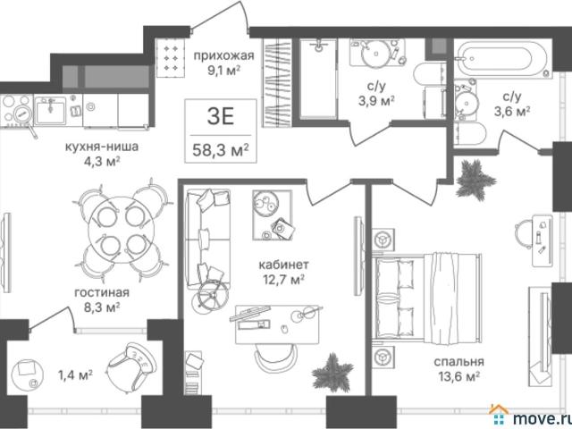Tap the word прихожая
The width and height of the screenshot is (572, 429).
click(223, 55)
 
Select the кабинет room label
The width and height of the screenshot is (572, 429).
click(284, 264)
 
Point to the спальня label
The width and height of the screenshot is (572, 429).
click(458, 361)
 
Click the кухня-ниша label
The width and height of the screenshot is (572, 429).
click(102, 147)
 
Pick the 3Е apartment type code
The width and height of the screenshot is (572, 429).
click(221, 116)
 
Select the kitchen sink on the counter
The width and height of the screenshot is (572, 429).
click(51, 110)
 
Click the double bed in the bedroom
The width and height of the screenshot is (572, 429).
click(427, 298)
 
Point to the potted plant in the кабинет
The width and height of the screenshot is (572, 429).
click(332, 373)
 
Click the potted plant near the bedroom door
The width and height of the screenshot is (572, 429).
click(475, 180)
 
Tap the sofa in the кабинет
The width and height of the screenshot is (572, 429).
click(207, 239)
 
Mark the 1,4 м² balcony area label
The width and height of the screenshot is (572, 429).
click(75, 374)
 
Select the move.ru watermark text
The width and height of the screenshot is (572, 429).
click(542, 417)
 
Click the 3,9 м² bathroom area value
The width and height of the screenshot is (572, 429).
click(377, 101)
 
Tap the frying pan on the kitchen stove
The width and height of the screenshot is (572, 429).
click(24, 116)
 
